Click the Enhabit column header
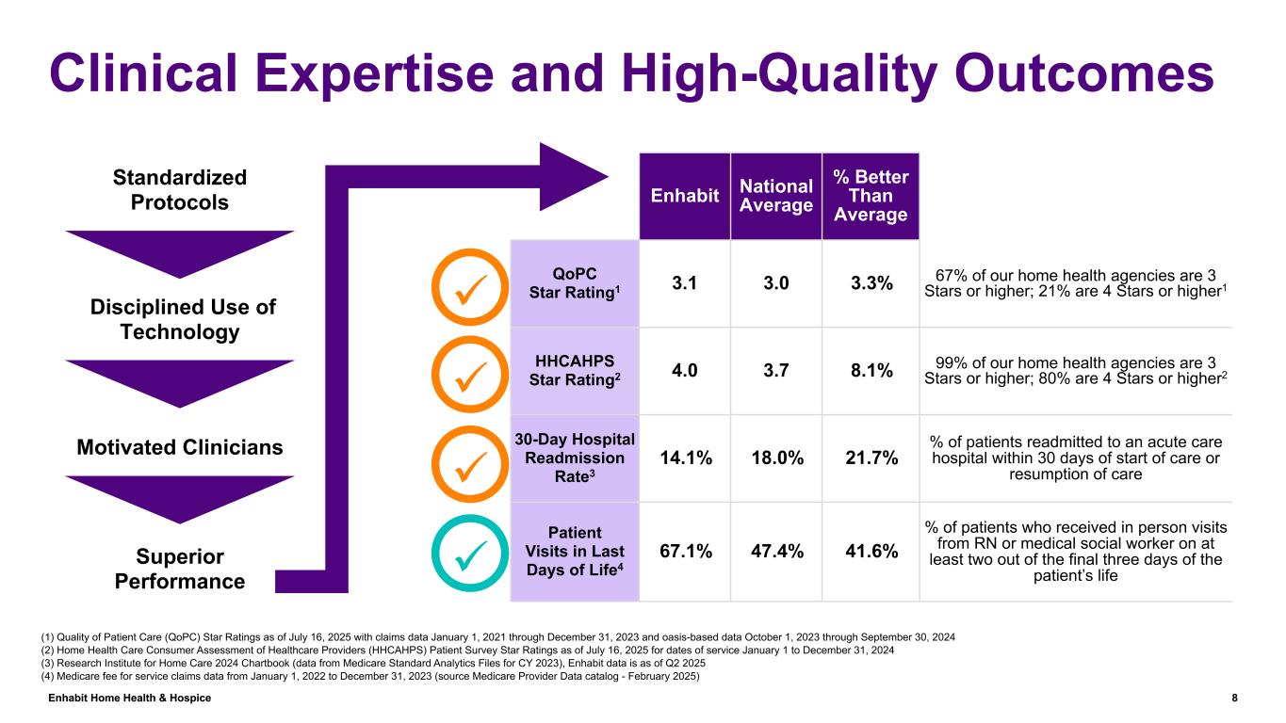click(685, 196)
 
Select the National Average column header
click(776, 196)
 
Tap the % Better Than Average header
click(871, 196)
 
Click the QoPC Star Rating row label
click(574, 283)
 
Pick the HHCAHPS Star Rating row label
click(574, 371)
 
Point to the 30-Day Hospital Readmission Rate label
click(574, 458)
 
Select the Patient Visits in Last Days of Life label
click(574, 551)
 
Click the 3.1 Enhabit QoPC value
click(685, 283)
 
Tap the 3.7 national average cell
click(776, 371)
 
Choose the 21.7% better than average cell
click(871, 458)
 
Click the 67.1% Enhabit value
click(685, 551)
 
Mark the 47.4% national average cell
click(776, 551)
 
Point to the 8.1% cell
click(871, 371)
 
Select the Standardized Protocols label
click(179, 190)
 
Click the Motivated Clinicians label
click(179, 447)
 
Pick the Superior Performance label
click(179, 568)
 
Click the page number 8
click(1234, 698)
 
